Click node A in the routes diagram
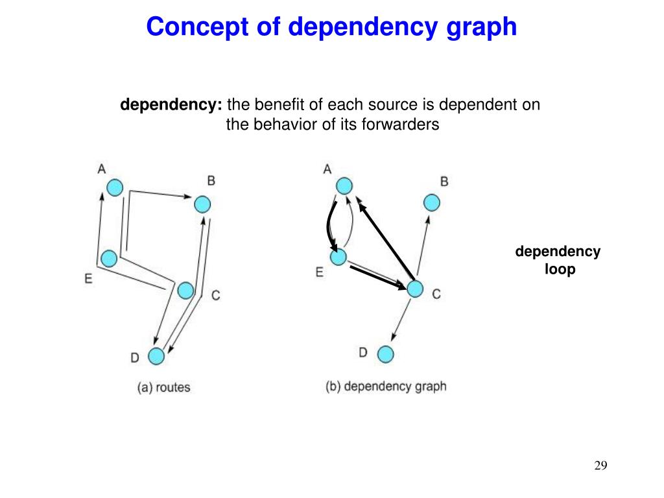pyautogui.click(x=115, y=188)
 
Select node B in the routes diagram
pyautogui.click(x=203, y=204)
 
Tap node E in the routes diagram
pyautogui.click(x=109, y=259)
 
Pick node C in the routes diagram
pyautogui.click(x=185, y=290)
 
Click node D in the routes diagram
pyautogui.click(x=156, y=356)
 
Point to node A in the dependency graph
pyautogui.click(x=344, y=186)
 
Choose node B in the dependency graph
pyautogui.click(x=432, y=203)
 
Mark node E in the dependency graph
pyautogui.click(x=338, y=257)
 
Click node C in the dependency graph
pyautogui.click(x=415, y=289)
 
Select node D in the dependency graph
pyautogui.click(x=386, y=355)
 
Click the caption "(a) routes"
pyautogui.click(x=164, y=388)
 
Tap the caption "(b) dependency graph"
pyautogui.click(x=386, y=386)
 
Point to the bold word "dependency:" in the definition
pyautogui.click(x=171, y=105)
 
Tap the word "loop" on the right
pyautogui.click(x=560, y=268)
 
